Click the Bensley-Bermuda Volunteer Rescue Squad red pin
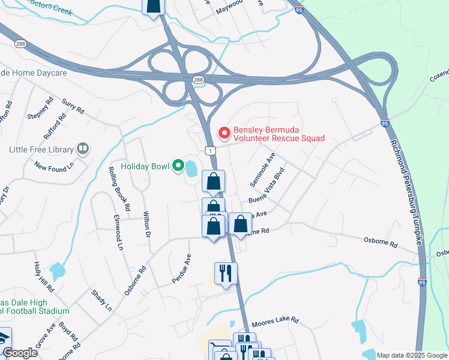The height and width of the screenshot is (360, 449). (224, 132)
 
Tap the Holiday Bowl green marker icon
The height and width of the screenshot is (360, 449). (178, 166)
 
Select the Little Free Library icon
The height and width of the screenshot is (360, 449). (83, 149)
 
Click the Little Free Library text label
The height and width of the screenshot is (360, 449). (41, 149)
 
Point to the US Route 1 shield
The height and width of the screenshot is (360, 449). (209, 149)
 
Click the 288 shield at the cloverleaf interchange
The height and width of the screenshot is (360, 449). (197, 80)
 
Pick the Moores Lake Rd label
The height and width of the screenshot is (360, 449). (274, 322)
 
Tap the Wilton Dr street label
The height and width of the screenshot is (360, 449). (147, 224)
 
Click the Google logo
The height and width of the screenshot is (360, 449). (20, 353)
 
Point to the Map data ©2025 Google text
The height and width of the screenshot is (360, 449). (411, 355)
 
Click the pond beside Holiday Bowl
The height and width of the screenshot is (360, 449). (191, 169)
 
